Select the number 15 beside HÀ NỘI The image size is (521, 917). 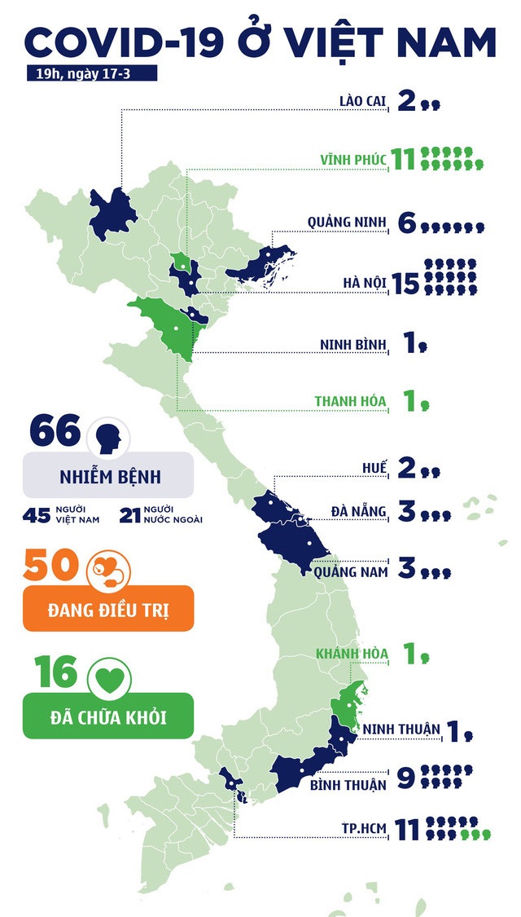tap(405, 283)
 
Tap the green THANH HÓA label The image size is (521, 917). tap(351, 401)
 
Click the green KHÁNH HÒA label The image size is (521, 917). tap(352, 654)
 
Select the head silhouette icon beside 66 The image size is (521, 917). tap(108, 437)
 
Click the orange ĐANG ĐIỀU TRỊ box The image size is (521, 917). tap(108, 608)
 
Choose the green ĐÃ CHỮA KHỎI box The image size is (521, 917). tap(108, 715)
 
